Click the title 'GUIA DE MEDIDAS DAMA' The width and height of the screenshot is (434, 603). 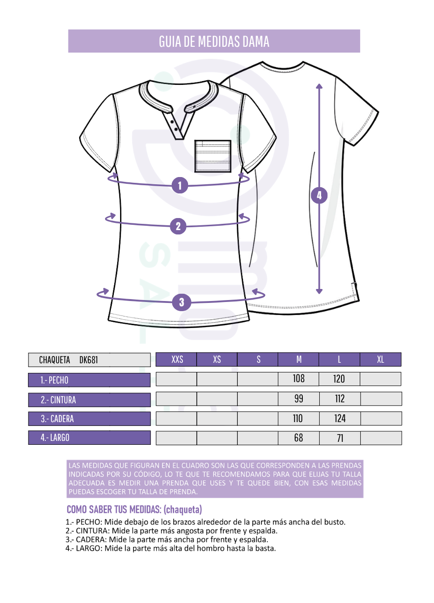(214, 41)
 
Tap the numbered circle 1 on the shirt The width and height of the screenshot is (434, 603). (180, 185)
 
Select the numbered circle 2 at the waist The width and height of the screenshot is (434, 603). (178, 226)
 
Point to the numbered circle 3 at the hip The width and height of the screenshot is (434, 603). (182, 302)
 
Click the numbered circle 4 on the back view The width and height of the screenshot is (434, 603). (319, 195)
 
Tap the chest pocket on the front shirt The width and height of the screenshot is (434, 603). (213, 156)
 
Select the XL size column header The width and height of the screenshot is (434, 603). (380, 360)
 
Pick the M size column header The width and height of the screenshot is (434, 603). (298, 360)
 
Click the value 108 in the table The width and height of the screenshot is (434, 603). (298, 379)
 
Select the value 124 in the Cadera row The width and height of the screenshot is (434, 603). (340, 419)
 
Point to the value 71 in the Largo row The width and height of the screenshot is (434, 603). (340, 438)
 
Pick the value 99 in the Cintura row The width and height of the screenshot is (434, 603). (298, 398)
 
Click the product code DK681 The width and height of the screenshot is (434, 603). (89, 360)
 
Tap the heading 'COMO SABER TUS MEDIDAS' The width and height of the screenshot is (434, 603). (114, 509)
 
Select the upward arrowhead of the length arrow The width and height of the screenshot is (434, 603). (319, 86)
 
